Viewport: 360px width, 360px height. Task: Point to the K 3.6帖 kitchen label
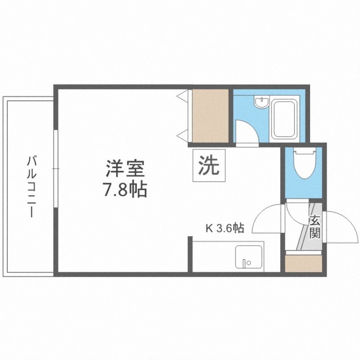[225, 228]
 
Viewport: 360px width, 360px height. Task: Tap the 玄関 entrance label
[315, 227]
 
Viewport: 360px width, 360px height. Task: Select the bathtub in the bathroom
[283, 120]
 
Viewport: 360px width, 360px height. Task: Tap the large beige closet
[211, 116]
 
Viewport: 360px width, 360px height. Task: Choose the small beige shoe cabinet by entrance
[304, 263]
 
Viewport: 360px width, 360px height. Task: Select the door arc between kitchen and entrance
[268, 218]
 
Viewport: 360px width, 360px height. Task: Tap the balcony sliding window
[55, 169]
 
